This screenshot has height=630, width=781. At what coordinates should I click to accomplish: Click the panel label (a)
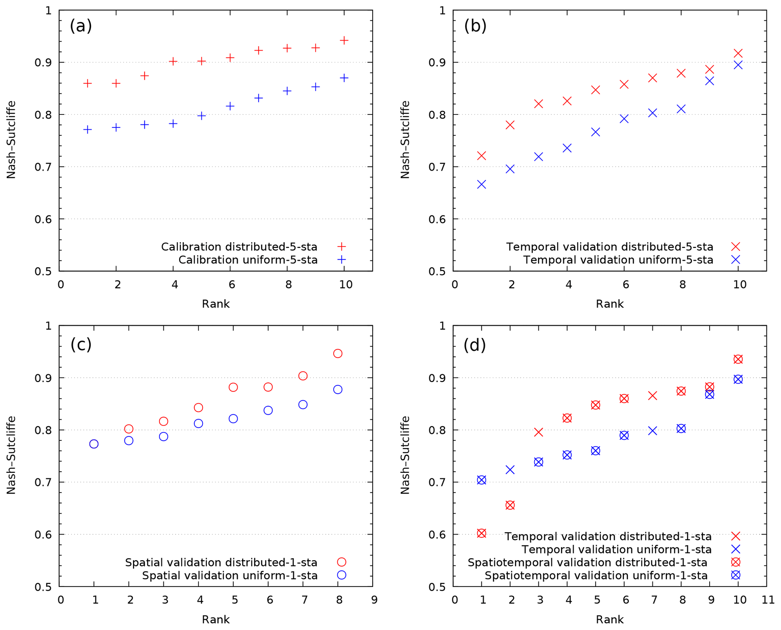coord(80,26)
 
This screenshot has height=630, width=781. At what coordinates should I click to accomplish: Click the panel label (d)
coord(474,345)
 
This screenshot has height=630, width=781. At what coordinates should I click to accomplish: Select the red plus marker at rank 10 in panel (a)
coord(344,40)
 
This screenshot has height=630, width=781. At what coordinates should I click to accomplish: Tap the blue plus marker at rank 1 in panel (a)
coord(87,130)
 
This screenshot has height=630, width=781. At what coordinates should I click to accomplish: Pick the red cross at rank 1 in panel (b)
coord(481,156)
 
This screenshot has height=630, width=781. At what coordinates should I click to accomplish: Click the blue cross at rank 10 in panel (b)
coord(738,65)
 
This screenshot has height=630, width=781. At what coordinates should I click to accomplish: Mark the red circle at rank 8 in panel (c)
coord(337,353)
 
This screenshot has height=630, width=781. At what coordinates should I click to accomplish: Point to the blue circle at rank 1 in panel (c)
coord(94,444)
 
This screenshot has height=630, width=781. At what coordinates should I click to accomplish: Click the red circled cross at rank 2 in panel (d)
coord(510,505)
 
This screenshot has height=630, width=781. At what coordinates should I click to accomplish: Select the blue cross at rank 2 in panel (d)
coord(510,470)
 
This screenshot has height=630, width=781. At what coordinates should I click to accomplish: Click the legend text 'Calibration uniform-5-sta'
coord(248,260)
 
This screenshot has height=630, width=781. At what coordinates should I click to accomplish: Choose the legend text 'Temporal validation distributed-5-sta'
coord(609,247)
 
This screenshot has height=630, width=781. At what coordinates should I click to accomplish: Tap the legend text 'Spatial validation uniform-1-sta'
coord(230,575)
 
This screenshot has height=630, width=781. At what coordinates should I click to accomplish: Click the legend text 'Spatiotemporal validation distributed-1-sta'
coord(587,562)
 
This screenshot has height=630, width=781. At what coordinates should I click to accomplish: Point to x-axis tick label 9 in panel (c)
coord(374,600)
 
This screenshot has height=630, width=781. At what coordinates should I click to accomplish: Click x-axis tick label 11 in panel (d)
coord(768,600)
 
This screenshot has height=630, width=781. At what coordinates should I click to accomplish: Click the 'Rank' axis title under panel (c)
coord(215,619)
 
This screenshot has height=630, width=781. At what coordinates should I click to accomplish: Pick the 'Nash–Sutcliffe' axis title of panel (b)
coord(405,139)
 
